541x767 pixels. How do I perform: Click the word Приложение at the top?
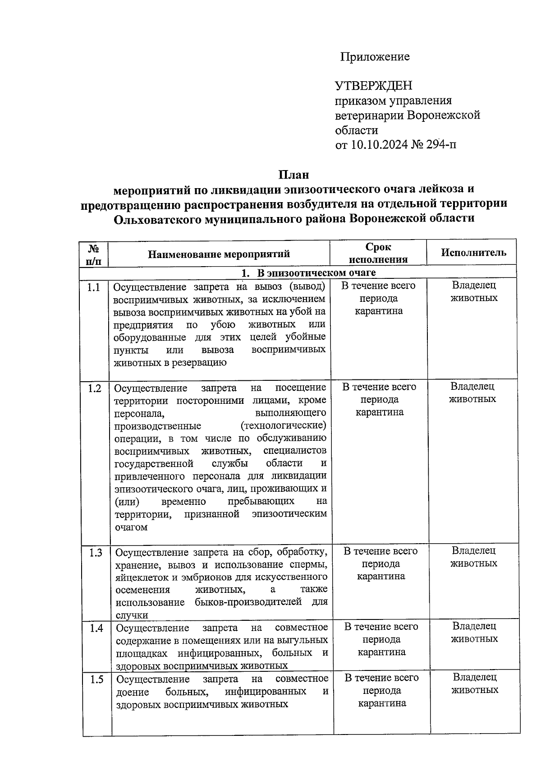point(375,57)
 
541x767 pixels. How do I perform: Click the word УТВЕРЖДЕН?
point(373,85)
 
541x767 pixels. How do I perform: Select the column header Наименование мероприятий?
point(219,254)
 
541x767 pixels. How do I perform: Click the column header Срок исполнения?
point(378,253)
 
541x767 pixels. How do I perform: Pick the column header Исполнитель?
point(473,253)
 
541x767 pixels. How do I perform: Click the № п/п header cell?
point(94,254)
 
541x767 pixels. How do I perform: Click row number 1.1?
point(94,287)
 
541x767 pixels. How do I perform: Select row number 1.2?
point(94,388)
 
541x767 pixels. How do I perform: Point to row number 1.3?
point(95,553)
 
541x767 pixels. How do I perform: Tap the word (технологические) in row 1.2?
point(284,425)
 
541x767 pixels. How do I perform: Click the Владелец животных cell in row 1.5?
point(475,684)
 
